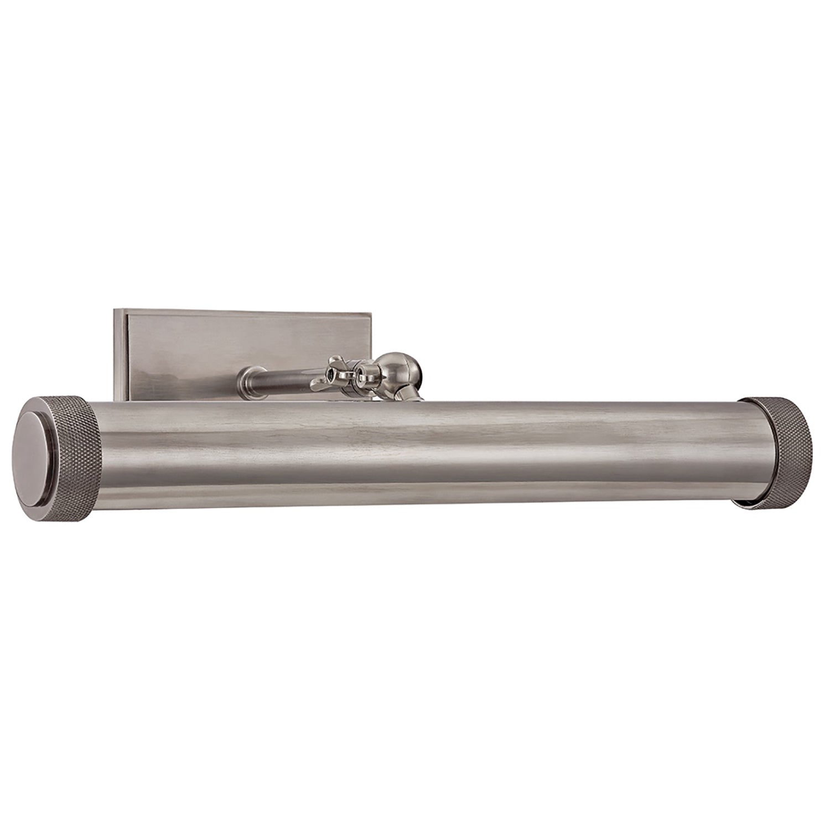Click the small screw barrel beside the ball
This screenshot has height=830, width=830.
(x=365, y=373)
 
